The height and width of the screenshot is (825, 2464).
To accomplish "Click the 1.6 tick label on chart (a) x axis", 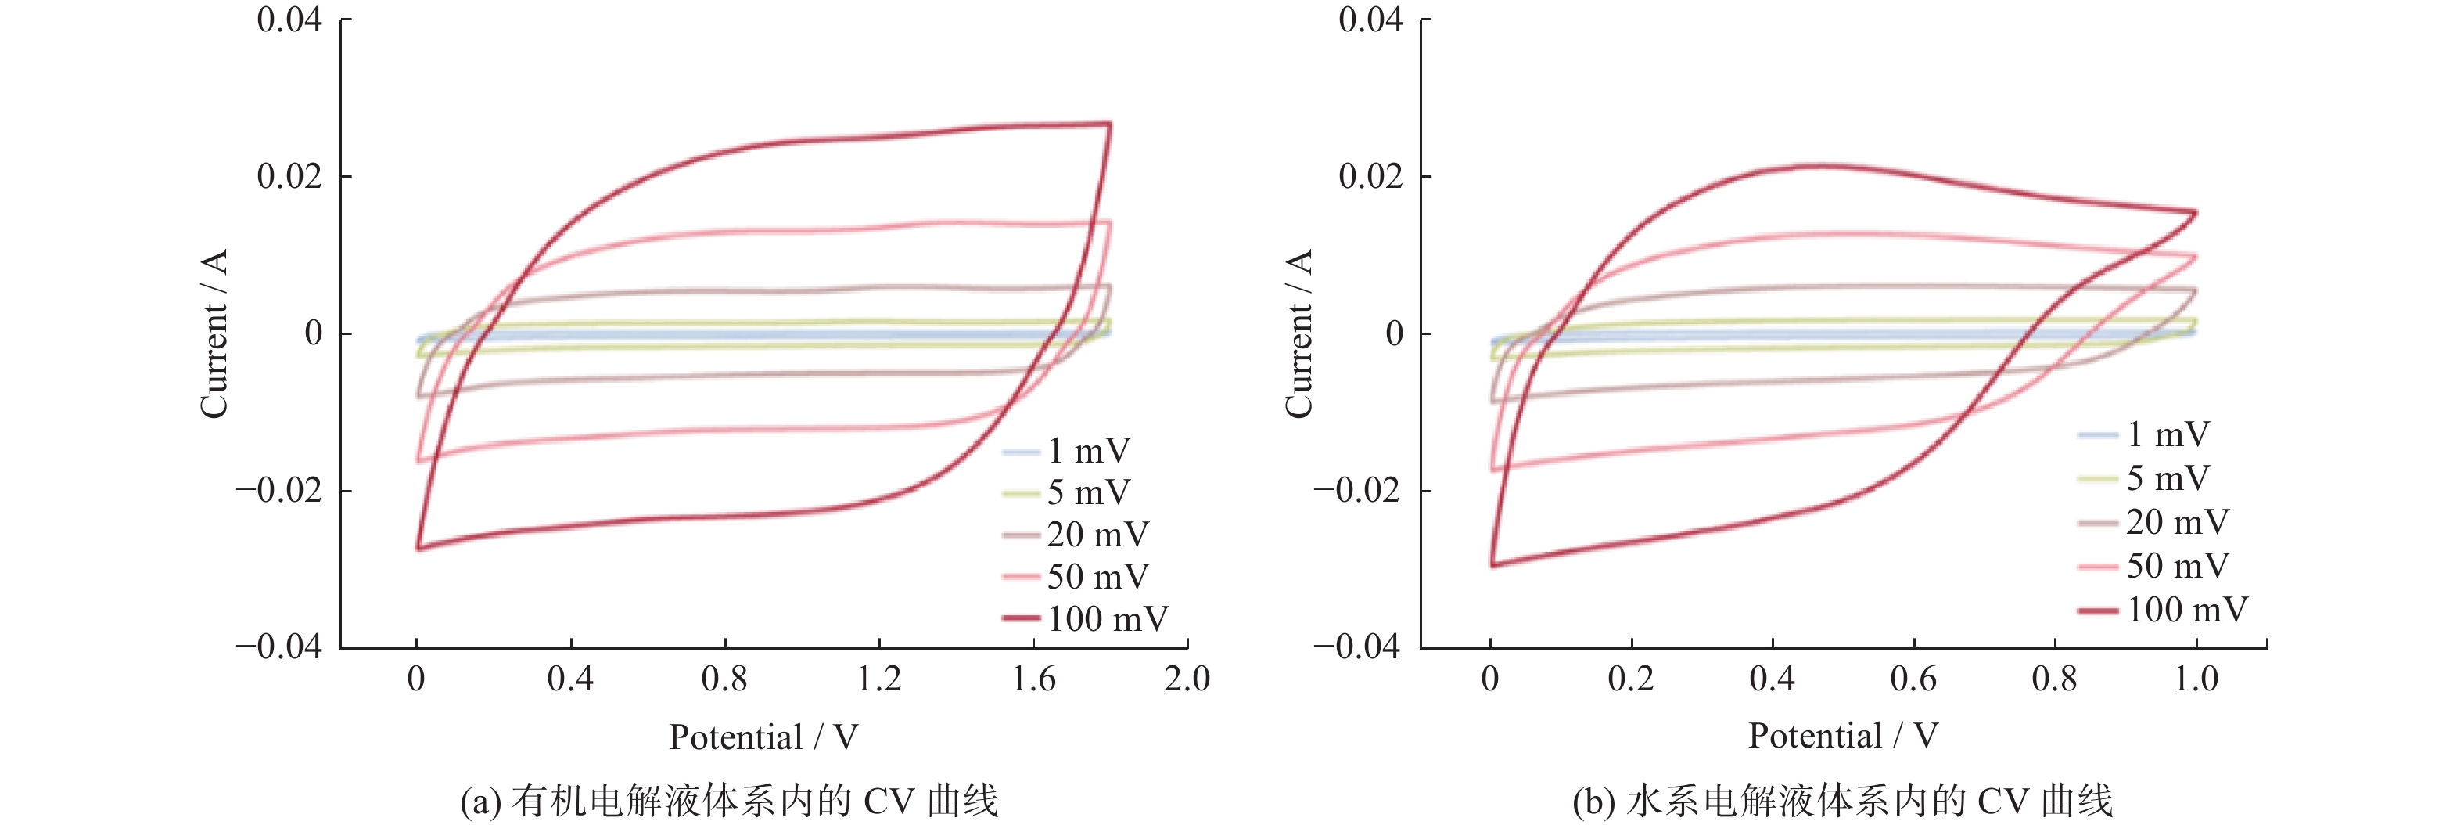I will (1033, 679).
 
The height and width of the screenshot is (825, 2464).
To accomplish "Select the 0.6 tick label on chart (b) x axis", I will (1913, 679).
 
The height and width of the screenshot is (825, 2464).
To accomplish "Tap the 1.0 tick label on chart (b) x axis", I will (2195, 679).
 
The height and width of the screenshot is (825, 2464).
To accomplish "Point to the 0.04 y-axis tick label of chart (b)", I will (1370, 19).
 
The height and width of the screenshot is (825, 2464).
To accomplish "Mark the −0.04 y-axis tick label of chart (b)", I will (1356, 647).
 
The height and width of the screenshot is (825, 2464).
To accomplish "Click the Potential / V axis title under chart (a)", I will (763, 737).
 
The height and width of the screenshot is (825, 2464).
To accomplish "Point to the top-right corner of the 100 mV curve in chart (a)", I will (1109, 124).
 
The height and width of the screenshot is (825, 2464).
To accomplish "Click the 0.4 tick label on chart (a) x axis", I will (570, 679).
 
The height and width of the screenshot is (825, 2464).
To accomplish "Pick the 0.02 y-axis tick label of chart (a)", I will (289, 176).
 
